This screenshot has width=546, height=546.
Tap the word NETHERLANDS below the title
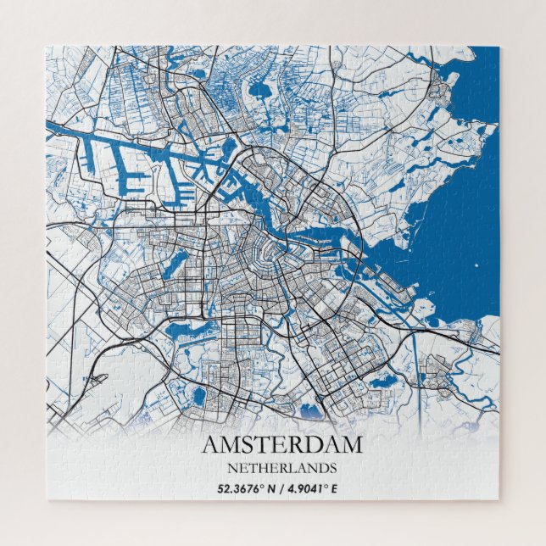pos(281,467)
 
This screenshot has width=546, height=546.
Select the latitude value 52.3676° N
pos(246,487)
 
